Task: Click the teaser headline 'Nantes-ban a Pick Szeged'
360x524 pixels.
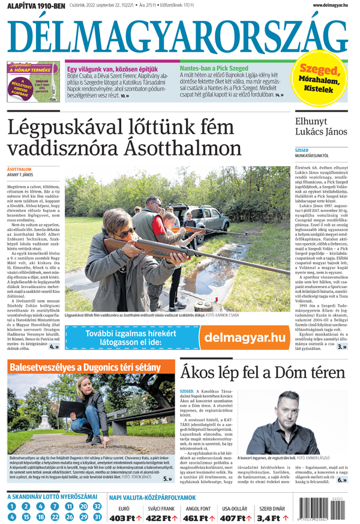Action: click(214, 68)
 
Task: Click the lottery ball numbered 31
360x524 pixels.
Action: click(98, 516)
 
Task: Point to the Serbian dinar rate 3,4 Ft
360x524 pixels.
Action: click(271, 517)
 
